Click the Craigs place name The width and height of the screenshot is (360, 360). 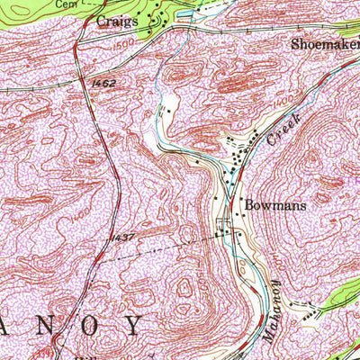point(118,20)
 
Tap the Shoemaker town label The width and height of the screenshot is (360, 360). point(324,42)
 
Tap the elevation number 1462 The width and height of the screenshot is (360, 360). point(103,82)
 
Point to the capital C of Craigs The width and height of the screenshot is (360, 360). point(102,20)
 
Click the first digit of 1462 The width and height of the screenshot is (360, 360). point(94,82)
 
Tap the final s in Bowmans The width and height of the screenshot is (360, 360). point(303,204)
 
